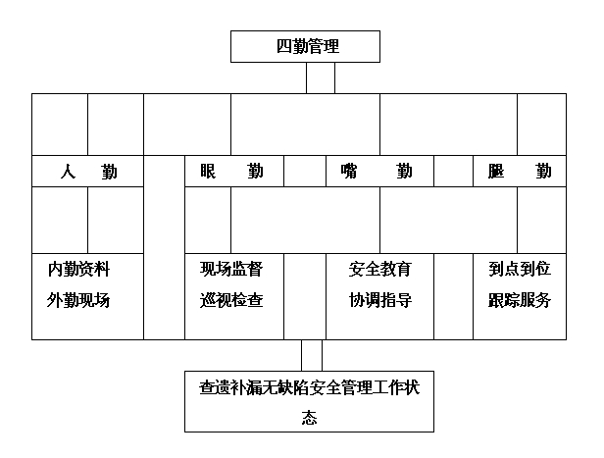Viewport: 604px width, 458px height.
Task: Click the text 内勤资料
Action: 79,270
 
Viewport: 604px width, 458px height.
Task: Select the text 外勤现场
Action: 78,300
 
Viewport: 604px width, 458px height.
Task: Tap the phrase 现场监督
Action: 231,270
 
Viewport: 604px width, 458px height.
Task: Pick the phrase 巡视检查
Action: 231,300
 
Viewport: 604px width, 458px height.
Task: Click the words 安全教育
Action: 380,270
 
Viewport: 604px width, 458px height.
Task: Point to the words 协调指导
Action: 380,300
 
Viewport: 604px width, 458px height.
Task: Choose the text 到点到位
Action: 520,270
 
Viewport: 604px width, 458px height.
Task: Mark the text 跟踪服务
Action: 520,300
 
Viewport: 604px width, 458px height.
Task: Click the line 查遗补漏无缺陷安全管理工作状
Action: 309,388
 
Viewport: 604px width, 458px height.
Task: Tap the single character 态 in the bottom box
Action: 309,418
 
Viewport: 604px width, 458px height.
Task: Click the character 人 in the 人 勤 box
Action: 69,171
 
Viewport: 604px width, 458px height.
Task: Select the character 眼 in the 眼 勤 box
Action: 208,171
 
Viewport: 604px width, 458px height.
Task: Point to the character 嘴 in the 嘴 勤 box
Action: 349,171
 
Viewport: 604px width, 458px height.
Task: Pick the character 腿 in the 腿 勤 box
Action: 496,171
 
